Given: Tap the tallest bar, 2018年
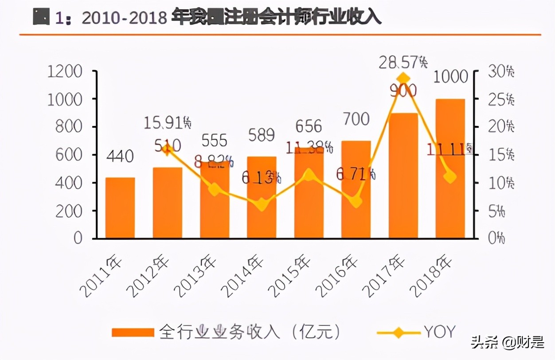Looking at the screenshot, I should [x=450, y=168].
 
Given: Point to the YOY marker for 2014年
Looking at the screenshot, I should [x=262, y=205].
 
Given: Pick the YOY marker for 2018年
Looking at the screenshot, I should [x=450, y=177].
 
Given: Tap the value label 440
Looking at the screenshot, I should [x=120, y=156].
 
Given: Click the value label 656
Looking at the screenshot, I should [x=309, y=126].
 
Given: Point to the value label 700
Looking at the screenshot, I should [x=356, y=119].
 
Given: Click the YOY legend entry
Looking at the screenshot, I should [x=439, y=331].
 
